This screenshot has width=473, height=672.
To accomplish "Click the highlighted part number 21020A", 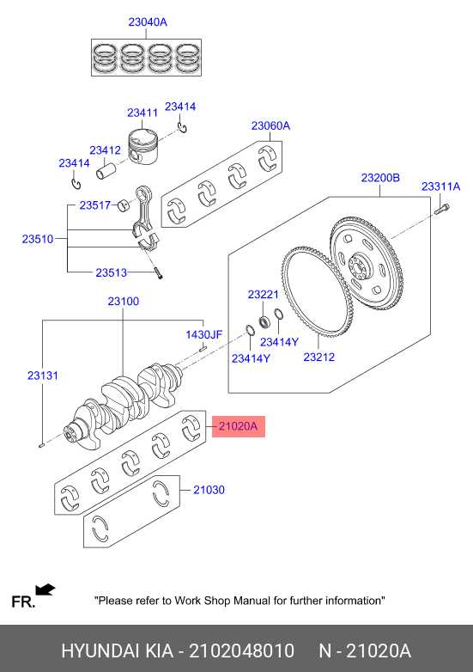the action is pos(239,426).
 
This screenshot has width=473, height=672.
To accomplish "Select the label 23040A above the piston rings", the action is pos(148,21).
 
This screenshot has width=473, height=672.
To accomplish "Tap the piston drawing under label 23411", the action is pos(143,147).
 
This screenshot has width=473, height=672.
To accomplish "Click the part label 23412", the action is pos(105,150).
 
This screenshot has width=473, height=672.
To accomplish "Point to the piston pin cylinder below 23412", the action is pos(106,170).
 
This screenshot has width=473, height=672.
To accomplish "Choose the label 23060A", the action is pos(270,125).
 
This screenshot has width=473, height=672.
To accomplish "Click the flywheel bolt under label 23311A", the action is pos(442,210).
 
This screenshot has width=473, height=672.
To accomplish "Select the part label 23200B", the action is pos(380,177).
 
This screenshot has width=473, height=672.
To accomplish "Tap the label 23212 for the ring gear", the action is pos(318,357).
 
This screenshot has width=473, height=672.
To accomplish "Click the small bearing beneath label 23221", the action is pos(264,321).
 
